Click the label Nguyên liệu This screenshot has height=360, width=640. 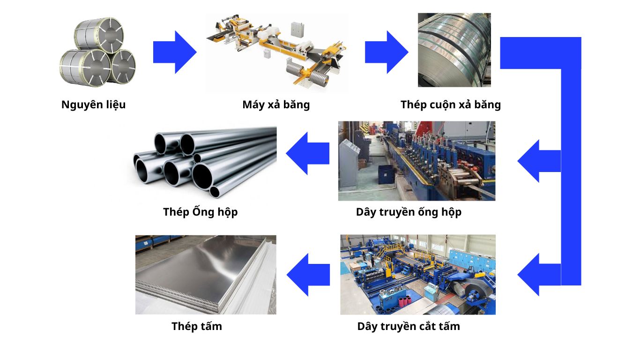click(x=93, y=105)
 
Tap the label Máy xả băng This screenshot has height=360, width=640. click(x=276, y=105)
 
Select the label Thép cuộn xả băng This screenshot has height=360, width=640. click(x=450, y=105)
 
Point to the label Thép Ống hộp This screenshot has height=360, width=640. click(x=200, y=212)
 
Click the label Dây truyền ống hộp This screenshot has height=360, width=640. click(x=409, y=212)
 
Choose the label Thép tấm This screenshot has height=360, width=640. click(x=196, y=326)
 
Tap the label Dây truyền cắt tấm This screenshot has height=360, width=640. click(x=409, y=326)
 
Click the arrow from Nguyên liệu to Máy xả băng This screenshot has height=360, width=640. click(x=174, y=52)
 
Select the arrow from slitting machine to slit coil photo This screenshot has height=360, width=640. click(x=386, y=52)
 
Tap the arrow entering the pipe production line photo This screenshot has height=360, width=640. click(x=539, y=161)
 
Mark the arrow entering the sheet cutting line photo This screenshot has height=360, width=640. click(x=539, y=275)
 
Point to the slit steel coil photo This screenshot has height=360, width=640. click(x=454, y=50)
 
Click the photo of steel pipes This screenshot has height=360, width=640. click(x=201, y=162)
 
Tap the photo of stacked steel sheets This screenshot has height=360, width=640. click(x=206, y=275)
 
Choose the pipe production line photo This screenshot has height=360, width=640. click(x=417, y=161)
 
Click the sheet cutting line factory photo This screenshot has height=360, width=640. click(x=417, y=275)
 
